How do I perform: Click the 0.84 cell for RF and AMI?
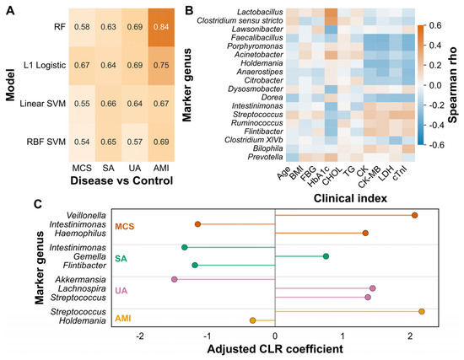pos(161,27)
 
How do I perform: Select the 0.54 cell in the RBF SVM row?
pos(82,142)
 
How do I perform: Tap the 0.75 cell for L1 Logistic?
pos(161,66)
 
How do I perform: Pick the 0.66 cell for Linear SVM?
pos(108,104)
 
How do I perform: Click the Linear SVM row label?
pos(43,104)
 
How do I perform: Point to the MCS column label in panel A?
pos(82,168)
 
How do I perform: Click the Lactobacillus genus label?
pos(260,12)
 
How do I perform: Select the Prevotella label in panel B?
pos(265,157)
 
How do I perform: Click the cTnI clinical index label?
pos(400,173)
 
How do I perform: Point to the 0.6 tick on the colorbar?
pos(434,25)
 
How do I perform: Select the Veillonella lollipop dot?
pos(414,215)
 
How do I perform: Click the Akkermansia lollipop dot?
pos(175,280)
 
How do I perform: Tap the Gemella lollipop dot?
pos(326,256)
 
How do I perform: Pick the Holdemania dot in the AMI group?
pos(252,320)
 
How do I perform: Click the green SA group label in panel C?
pos(121,259)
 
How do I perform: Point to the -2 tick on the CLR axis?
pos(140,336)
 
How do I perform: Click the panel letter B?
pos(189,10)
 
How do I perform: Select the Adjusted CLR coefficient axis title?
pos(275,349)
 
